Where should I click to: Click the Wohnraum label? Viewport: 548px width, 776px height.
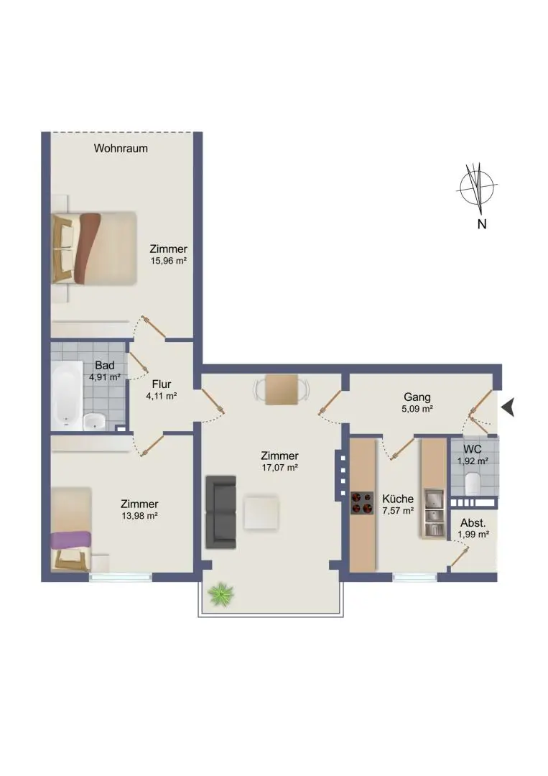point(121,148)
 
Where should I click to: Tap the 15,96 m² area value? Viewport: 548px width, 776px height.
point(169,261)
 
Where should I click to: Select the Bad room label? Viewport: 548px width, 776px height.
point(105,365)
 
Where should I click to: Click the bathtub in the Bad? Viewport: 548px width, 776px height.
point(68,395)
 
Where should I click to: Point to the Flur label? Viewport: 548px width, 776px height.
point(162,384)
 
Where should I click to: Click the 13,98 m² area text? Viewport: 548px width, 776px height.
point(139,516)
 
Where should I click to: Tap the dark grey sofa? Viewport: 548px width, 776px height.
point(220,512)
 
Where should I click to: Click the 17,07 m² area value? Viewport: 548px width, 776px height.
point(280,468)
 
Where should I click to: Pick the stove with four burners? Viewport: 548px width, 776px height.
point(362,503)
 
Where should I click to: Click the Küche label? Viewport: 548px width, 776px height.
point(398,499)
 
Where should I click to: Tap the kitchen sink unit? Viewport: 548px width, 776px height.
point(435,513)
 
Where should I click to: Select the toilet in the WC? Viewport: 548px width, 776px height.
point(473,483)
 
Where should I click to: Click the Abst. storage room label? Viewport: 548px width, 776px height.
point(473,522)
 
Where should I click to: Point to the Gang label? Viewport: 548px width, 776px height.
point(417,397)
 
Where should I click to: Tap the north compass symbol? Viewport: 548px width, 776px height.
point(477,186)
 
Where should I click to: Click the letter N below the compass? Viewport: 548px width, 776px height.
point(482,224)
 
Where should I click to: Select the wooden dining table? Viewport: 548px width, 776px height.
point(282,390)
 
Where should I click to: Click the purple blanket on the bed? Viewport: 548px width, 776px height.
point(71,540)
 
